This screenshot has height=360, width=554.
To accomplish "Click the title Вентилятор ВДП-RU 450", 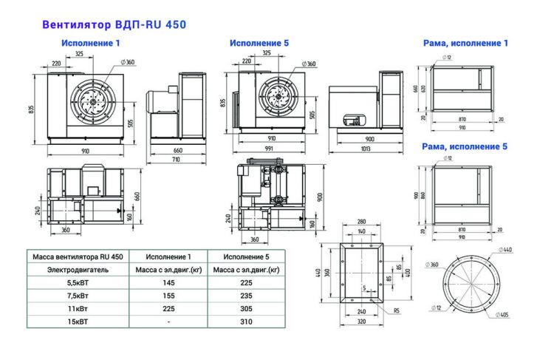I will pos(114,24).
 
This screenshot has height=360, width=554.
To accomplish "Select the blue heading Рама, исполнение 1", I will pos(465,44).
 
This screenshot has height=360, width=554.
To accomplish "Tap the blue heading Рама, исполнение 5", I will pos(465,146).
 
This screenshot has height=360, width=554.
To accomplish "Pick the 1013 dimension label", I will pos(365,149).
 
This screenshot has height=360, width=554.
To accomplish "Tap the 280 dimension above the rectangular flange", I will pos(361,222).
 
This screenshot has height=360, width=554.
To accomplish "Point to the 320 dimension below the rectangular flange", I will pos(361,322).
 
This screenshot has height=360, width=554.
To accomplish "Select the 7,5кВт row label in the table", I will pos(77,296).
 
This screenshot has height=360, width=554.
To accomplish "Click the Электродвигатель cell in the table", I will pos(77,270).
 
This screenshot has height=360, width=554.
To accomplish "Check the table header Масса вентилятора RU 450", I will pos(77,257).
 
